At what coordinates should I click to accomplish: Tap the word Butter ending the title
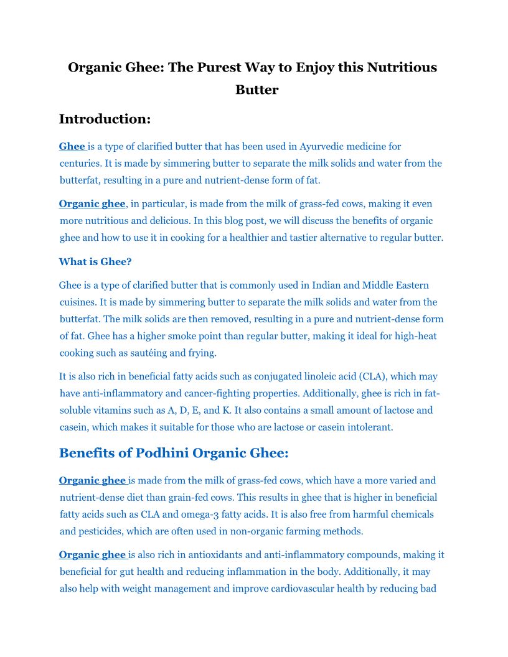point(256,90)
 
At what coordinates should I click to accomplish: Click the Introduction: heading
point(105,119)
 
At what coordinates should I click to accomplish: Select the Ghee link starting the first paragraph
point(72,147)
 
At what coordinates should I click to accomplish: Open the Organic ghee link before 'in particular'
point(92,204)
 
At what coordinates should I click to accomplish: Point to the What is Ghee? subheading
point(95,262)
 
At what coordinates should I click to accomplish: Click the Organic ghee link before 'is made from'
point(92,480)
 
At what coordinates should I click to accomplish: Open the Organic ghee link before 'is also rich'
point(92,555)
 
